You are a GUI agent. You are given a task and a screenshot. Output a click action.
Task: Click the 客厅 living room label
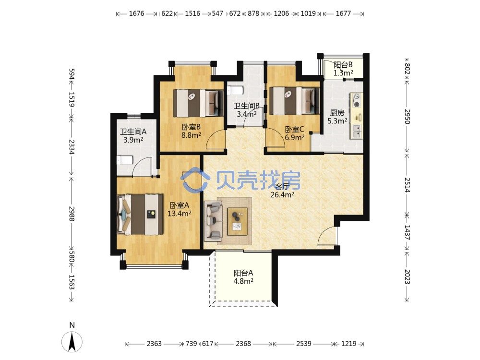click(x=282, y=186)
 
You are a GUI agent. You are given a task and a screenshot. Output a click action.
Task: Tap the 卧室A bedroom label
click(x=180, y=205)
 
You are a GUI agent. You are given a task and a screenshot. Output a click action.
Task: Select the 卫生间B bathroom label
click(x=247, y=106)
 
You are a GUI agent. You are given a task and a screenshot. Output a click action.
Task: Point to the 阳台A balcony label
click(x=243, y=273)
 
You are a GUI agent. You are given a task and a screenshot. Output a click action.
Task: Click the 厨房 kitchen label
click(x=337, y=113)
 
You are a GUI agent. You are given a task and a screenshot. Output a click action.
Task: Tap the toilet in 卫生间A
click(x=125, y=160)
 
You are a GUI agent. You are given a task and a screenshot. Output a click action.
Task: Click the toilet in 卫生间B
click(x=235, y=90)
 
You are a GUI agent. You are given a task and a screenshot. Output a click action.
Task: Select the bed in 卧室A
click(x=140, y=214)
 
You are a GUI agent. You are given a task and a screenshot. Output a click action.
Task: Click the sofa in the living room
click(x=213, y=219)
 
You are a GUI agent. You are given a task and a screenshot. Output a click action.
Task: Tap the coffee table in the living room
click(x=237, y=221)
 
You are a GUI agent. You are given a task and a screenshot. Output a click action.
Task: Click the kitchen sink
click(x=357, y=131)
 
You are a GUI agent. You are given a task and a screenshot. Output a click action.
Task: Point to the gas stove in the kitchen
click(x=357, y=100)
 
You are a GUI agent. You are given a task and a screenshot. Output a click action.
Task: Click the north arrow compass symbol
click(x=72, y=342)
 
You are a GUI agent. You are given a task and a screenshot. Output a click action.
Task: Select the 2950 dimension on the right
click(x=407, y=116)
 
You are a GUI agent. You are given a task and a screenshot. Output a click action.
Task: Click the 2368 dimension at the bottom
click(x=243, y=344)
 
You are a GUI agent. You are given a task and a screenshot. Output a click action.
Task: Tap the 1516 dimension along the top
click(x=192, y=13)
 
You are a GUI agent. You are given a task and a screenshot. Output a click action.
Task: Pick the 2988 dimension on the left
click(x=72, y=214)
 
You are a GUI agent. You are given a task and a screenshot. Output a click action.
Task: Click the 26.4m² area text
click(x=282, y=194)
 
